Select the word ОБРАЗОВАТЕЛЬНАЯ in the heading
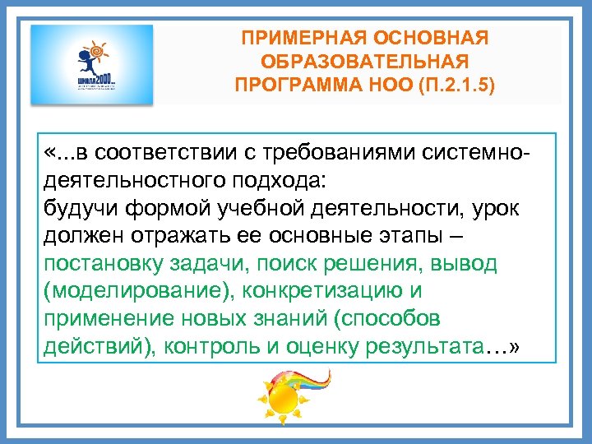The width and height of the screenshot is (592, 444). tap(365, 62)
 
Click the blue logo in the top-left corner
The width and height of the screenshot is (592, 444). tap(91, 65)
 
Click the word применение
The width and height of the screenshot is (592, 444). tap(98, 319)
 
